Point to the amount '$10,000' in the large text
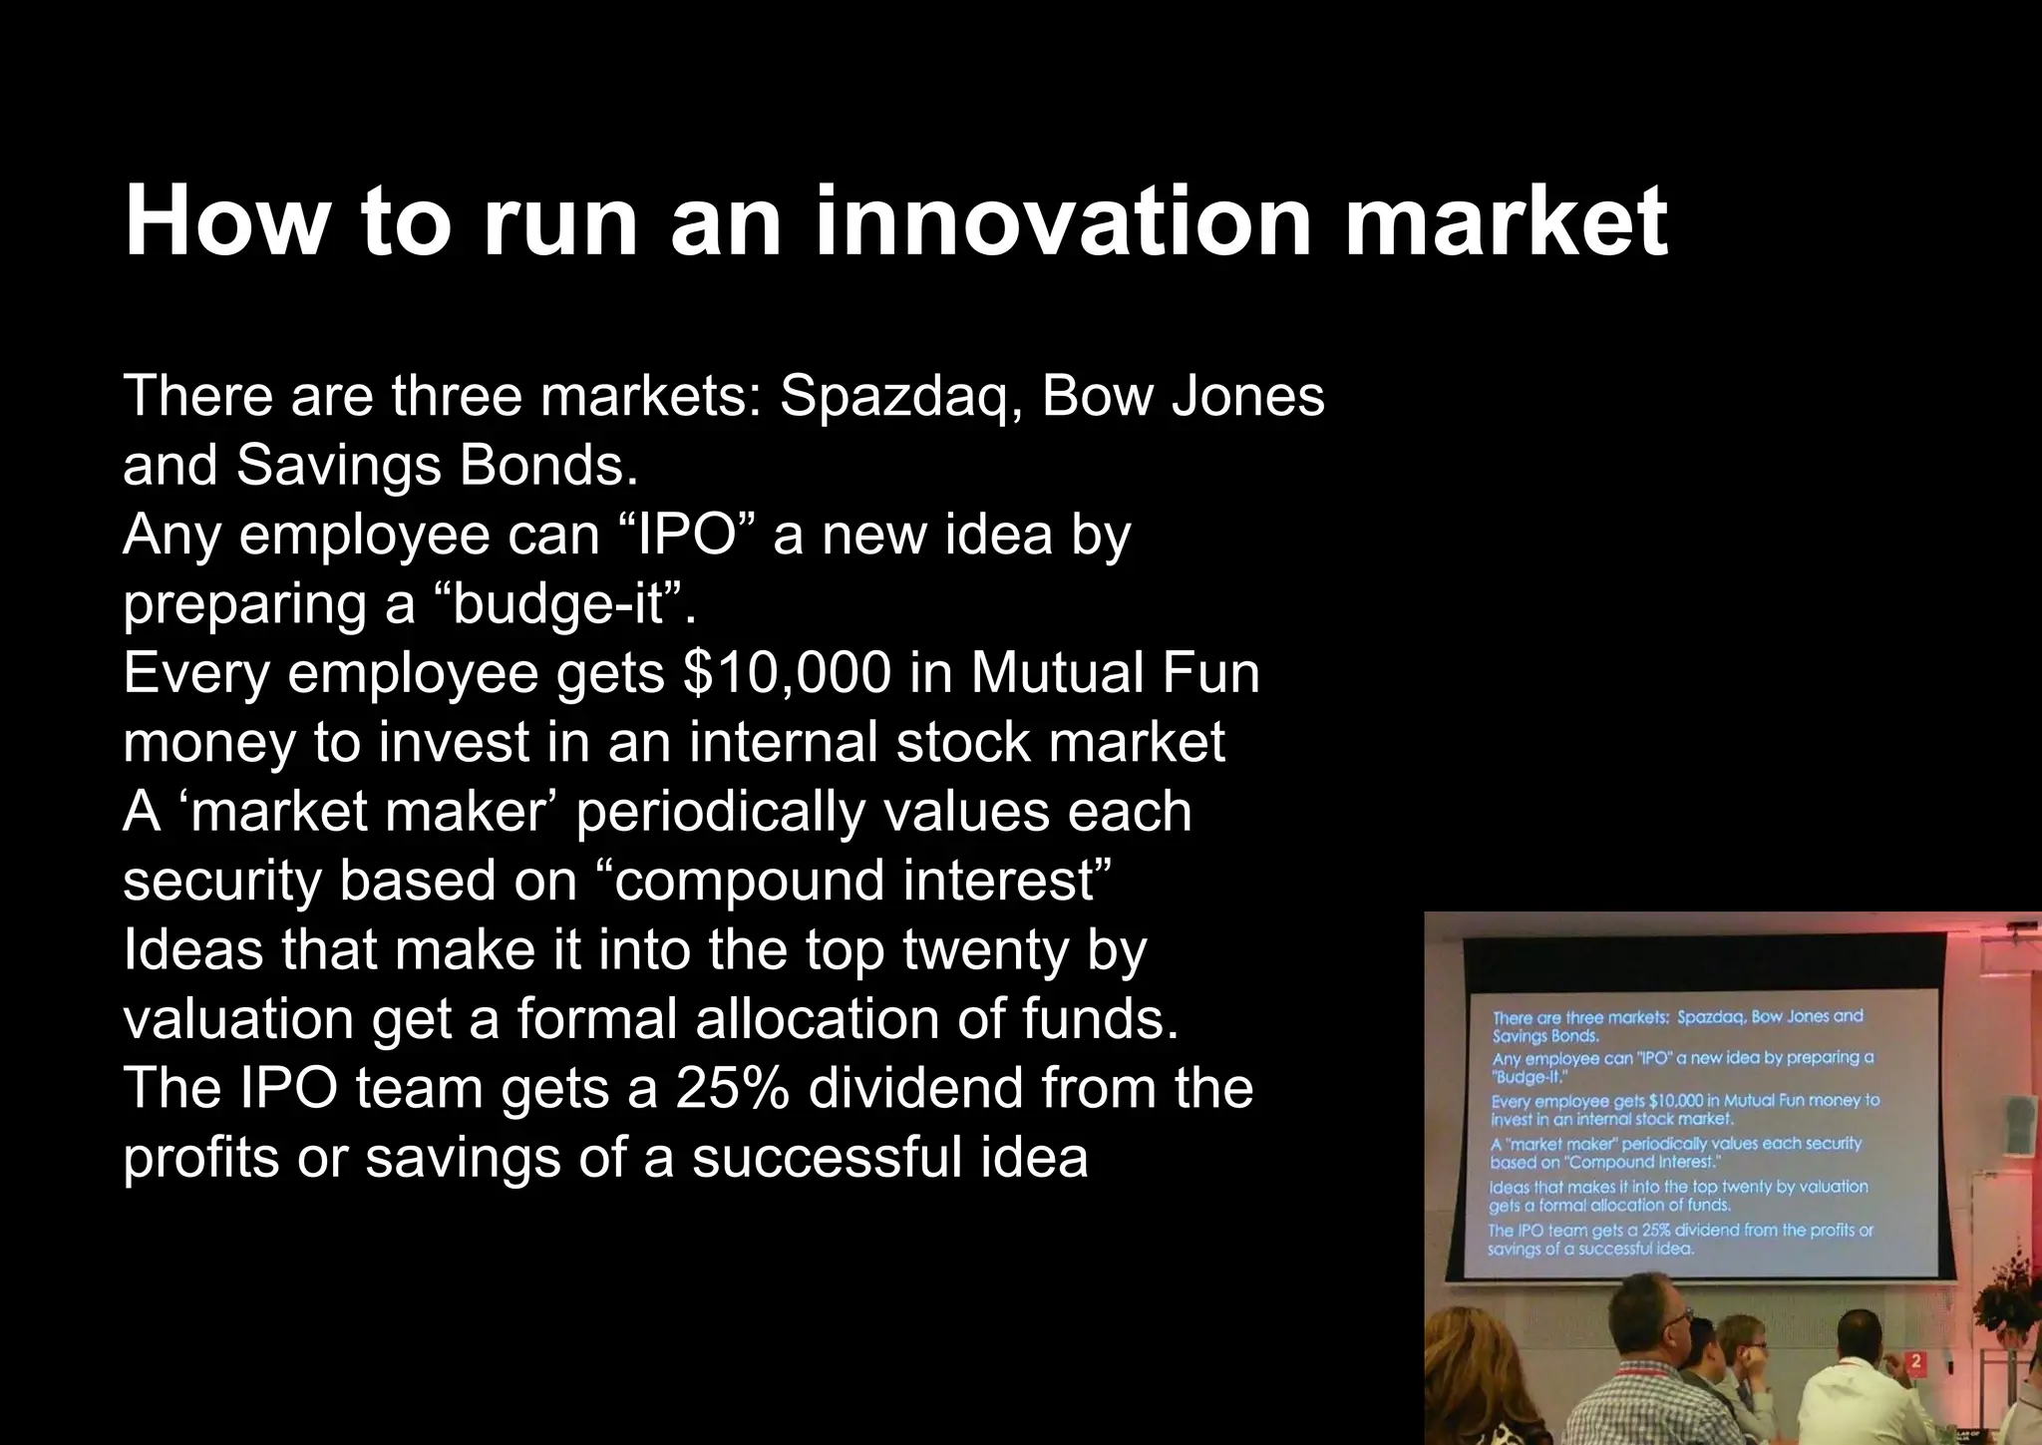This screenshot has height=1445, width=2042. pyautogui.click(x=786, y=673)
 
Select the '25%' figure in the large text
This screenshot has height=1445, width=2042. pyautogui.click(x=732, y=1088)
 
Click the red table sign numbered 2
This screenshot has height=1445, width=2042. pyautogui.click(x=1916, y=1361)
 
